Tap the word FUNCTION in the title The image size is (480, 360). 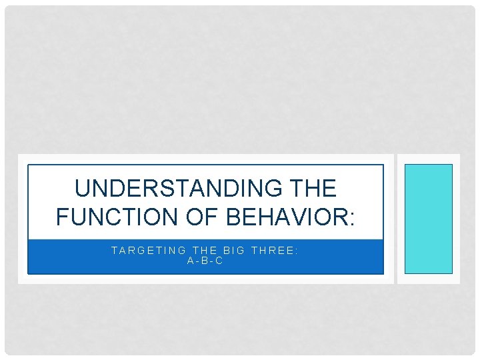[x=110, y=217]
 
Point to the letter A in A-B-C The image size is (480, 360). [x=191, y=261]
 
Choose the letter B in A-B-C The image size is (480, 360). [x=205, y=261]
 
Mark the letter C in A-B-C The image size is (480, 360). [x=219, y=261]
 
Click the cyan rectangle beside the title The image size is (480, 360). [x=429, y=219]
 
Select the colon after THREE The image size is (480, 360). [x=297, y=251]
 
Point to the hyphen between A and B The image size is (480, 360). [x=197, y=261]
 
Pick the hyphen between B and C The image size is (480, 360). [x=212, y=261]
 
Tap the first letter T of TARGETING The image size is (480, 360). [x=114, y=251]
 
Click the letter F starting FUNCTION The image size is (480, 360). [x=63, y=217]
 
